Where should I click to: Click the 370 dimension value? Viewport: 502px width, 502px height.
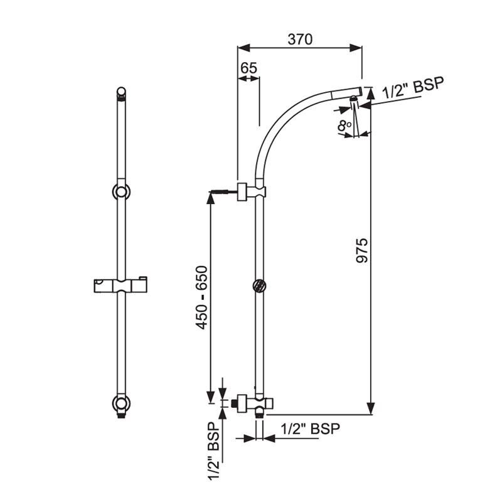pyautogui.click(x=300, y=38)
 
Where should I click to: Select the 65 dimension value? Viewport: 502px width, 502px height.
pyautogui.click(x=248, y=69)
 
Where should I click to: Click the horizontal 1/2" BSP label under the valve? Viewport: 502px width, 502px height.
pyautogui.click(x=309, y=429)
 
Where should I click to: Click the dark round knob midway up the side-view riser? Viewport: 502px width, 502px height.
pyautogui.click(x=258, y=286)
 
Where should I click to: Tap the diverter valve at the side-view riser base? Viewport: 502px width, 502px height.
pyautogui.click(x=257, y=402)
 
